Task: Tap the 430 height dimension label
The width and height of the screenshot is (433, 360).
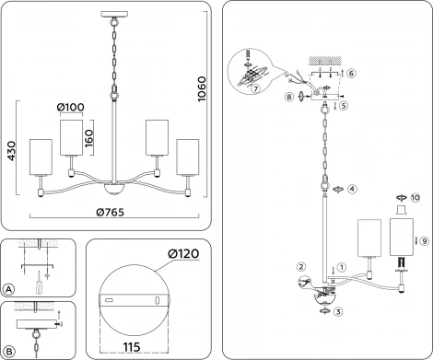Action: pyautogui.click(x=11, y=153)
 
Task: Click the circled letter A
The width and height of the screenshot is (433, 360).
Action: pyautogui.click(x=8, y=289)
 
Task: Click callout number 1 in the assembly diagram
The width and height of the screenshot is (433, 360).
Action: pyautogui.click(x=342, y=268)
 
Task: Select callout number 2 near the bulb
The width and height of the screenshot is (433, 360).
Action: pyautogui.click(x=300, y=268)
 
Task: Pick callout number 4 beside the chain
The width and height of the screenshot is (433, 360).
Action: pyautogui.click(x=352, y=188)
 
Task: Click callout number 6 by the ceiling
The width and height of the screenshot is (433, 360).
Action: pyautogui.click(x=351, y=72)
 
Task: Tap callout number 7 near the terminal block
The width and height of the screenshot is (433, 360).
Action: pyautogui.click(x=254, y=88)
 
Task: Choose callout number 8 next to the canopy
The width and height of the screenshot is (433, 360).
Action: pyautogui.click(x=289, y=95)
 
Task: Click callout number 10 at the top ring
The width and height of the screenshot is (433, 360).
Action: pyautogui.click(x=415, y=197)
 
